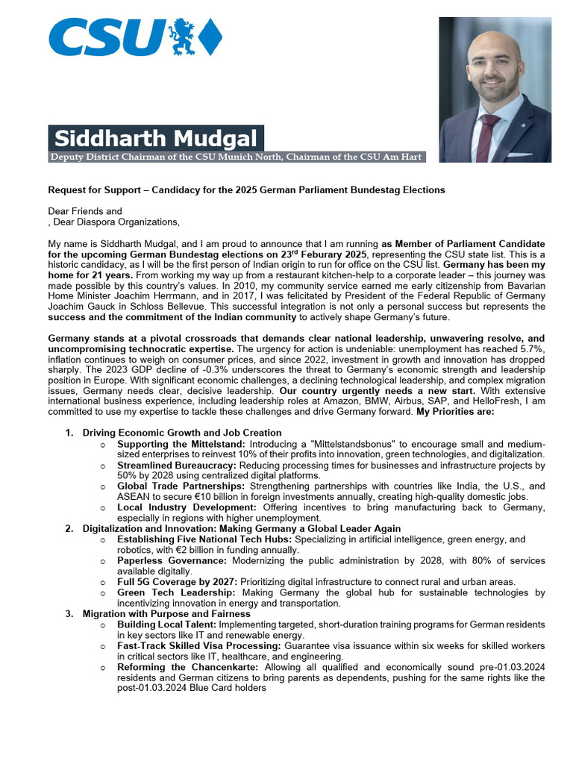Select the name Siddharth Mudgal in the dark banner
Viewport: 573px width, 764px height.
pyautogui.click(x=156, y=139)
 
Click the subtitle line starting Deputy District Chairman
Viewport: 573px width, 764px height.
pyautogui.click(x=237, y=157)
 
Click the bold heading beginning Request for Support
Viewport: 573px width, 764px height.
pyautogui.click(x=246, y=190)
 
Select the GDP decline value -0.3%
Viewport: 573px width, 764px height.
pyautogui.click(x=167, y=369)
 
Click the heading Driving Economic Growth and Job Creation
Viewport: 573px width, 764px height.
pyautogui.click(x=182, y=433)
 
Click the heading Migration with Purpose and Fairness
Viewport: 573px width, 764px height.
pyautogui.click(x=166, y=613)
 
